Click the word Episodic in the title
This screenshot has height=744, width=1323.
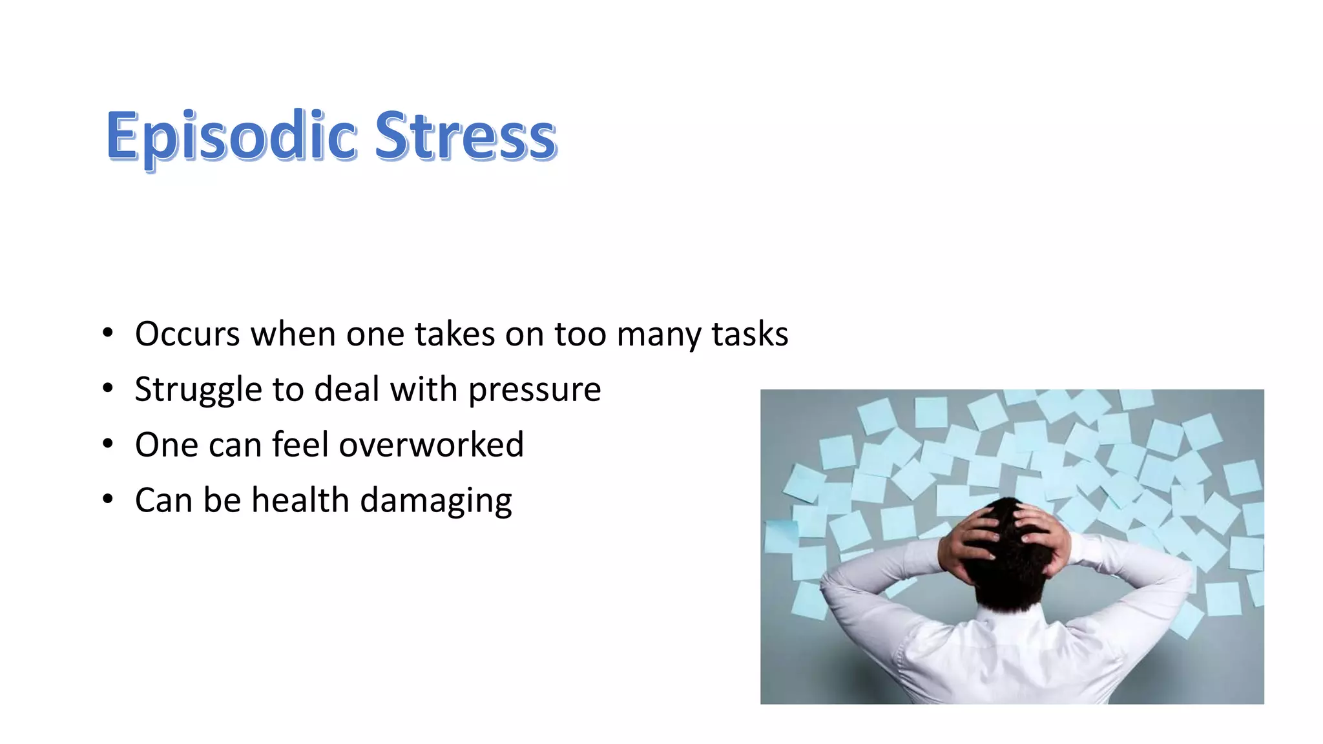[x=231, y=137]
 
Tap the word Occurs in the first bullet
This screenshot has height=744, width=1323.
[x=187, y=335]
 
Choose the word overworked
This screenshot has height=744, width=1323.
[x=431, y=445]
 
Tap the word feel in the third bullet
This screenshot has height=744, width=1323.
[x=300, y=445]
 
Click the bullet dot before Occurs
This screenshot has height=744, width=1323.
[x=108, y=334]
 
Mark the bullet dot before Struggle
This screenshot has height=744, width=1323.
[x=108, y=389]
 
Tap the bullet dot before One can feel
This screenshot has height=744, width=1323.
[x=108, y=444]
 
